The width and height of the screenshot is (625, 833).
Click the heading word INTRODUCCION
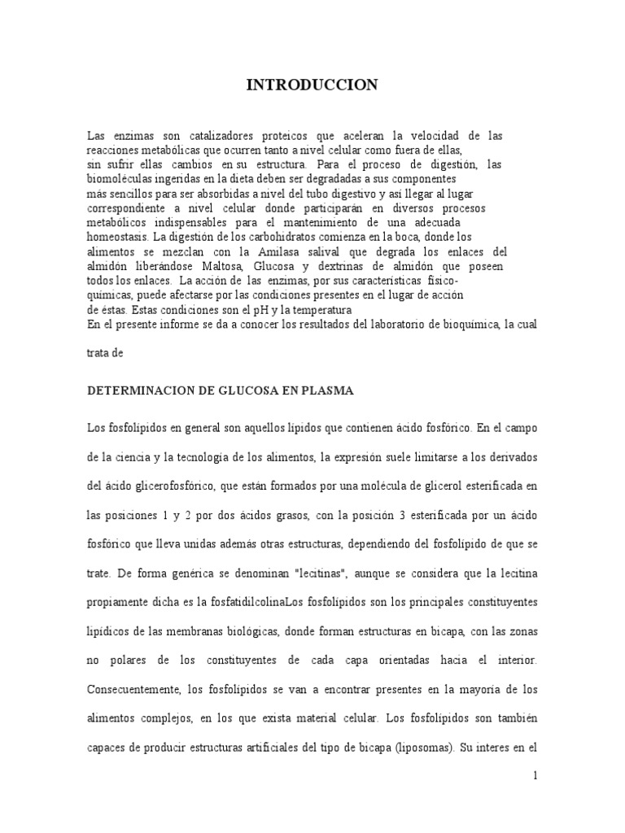click(x=312, y=85)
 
